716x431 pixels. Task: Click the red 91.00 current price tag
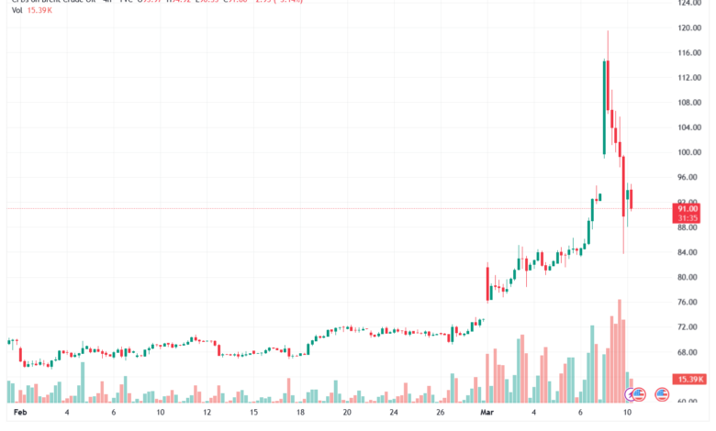coord(688,209)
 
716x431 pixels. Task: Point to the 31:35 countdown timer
coord(688,218)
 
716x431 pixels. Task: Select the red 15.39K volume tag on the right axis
coord(688,379)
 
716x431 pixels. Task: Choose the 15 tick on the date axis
coord(254,414)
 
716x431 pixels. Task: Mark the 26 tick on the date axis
coord(441,414)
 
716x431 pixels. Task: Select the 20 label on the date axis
coord(348,414)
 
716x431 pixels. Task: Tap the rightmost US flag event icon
coord(639,394)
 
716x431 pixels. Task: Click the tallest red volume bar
coord(621,350)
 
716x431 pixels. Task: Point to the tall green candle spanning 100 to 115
coord(604,107)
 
